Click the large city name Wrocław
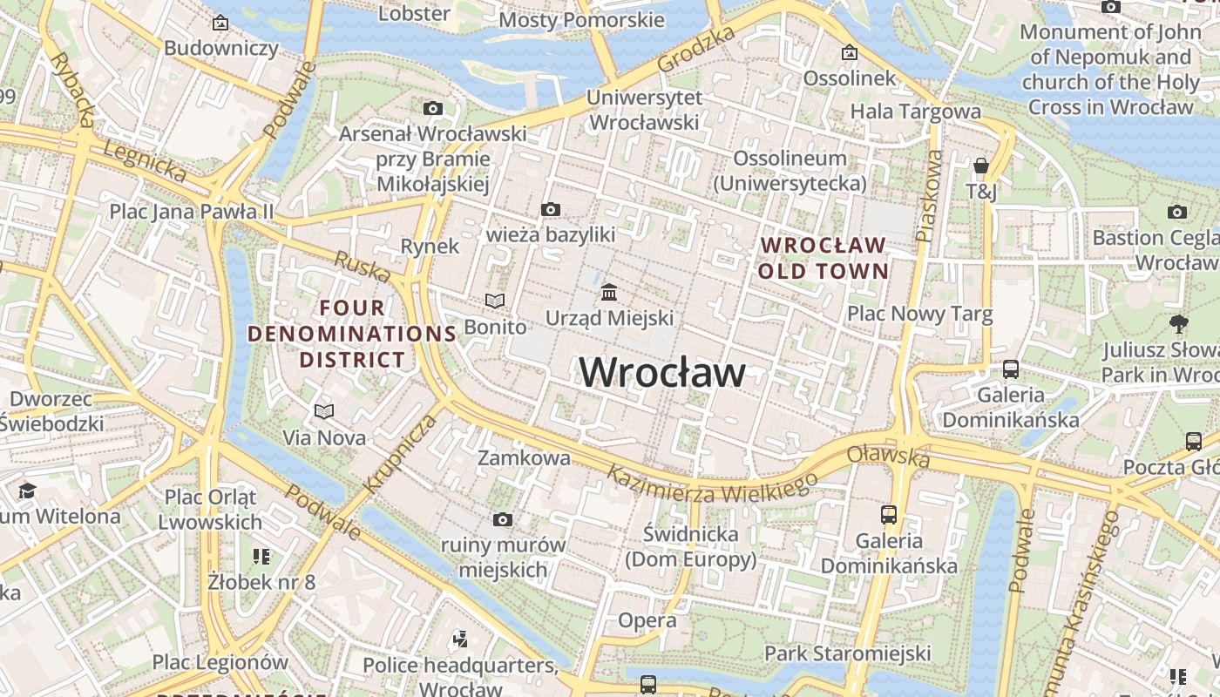coord(662,373)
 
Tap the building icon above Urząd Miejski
coord(609,290)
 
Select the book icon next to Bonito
coord(495,301)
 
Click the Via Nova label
coord(324,437)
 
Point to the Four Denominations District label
coord(352,334)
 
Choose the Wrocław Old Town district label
coord(823,258)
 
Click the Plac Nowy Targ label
coord(919,315)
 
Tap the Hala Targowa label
coord(915,112)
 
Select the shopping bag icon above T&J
coord(981,166)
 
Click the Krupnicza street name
coord(397,454)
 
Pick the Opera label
coord(647,620)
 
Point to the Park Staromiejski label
coord(847,653)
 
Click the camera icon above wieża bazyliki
coord(550,209)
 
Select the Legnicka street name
coord(145,161)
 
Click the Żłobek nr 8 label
coord(261,581)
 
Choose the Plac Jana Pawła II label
coord(191,212)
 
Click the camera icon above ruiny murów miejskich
coord(502,520)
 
